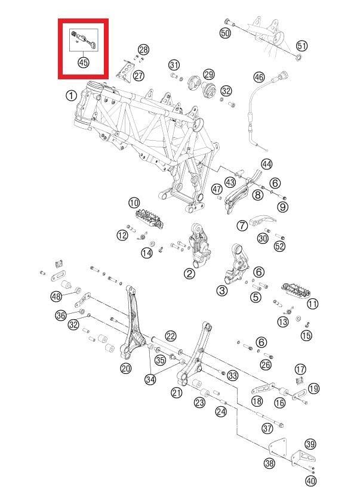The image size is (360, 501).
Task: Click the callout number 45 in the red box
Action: coord(83,61)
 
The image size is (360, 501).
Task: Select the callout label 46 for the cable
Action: coord(259,77)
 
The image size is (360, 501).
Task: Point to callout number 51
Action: coord(301,45)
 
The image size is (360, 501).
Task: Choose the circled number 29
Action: coord(208,74)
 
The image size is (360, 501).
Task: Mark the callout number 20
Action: coord(125,369)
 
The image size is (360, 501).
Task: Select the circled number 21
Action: coord(176,392)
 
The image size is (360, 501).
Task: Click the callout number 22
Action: coord(171,336)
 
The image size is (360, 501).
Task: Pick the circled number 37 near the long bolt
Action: coord(267,427)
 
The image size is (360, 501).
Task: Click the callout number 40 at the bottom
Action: coord(310,481)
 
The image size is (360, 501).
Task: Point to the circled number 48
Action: coord(56,296)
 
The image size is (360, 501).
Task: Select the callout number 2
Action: coord(189,274)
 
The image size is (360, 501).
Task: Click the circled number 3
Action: coord(221,290)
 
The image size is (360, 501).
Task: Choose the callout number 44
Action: coord(266,164)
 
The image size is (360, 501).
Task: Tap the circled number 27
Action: coord(139,76)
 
